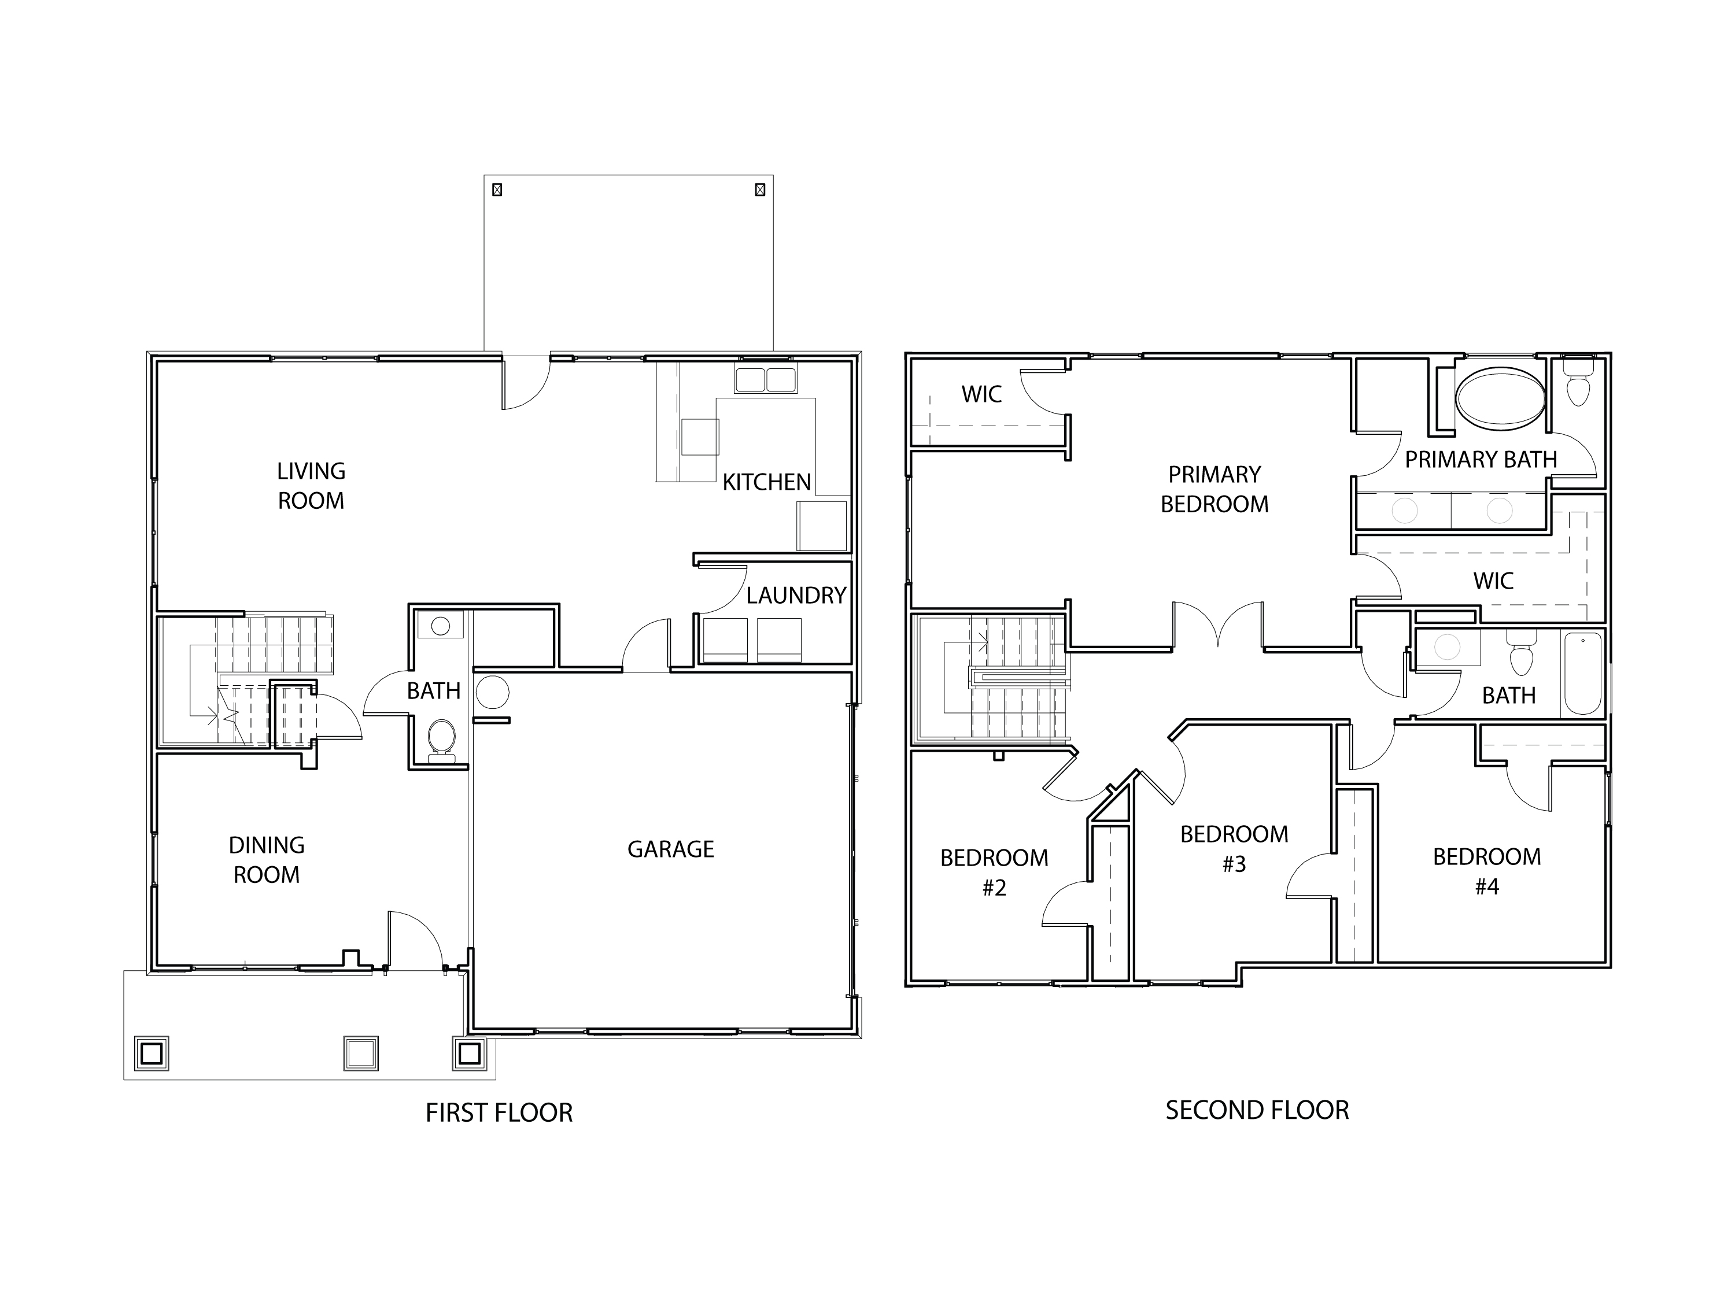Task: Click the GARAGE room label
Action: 671,849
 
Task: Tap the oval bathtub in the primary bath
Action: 1500,398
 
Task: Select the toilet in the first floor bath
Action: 442,740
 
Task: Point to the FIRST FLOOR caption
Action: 499,1113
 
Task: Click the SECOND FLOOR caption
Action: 1257,1110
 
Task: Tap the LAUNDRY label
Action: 795,596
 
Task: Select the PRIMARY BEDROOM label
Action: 1214,489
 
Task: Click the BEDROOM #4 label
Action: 1486,871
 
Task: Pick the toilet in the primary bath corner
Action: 1577,385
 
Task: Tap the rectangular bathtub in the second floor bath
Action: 1583,674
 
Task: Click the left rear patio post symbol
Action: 496,190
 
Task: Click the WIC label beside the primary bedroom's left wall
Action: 981,394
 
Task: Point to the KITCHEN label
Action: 766,482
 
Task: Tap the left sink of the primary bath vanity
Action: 1404,511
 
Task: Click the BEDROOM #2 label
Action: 994,872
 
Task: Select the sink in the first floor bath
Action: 441,626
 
